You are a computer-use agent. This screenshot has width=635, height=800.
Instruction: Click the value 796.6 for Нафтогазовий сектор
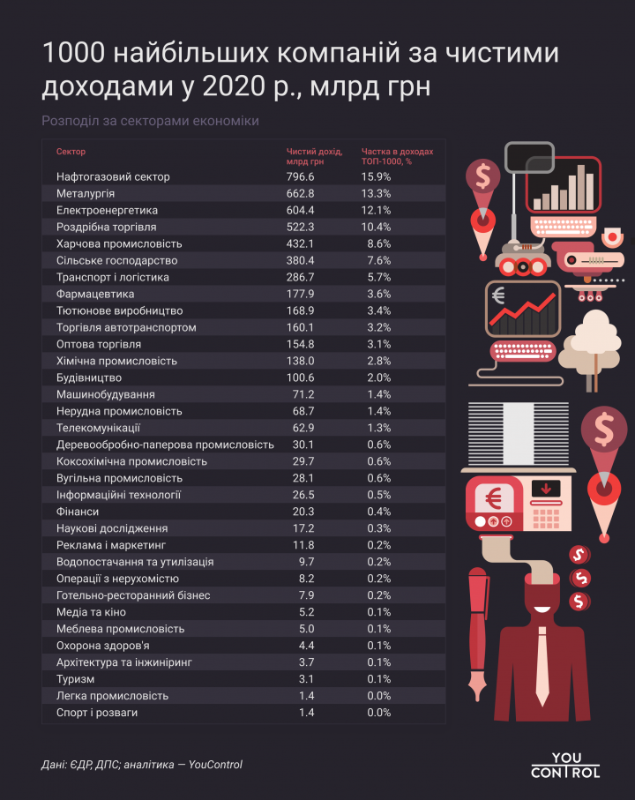[x=300, y=176]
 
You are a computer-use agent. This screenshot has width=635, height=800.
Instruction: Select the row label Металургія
[x=86, y=193]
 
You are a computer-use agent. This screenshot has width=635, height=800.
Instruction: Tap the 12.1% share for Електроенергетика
[x=376, y=210]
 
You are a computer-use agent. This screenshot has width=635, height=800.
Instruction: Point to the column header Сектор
[x=71, y=152]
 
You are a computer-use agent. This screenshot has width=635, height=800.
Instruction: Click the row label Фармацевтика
[x=94, y=294]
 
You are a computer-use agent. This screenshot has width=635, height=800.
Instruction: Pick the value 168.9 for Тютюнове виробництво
[x=300, y=310]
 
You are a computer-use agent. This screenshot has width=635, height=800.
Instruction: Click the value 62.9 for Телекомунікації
[x=303, y=428]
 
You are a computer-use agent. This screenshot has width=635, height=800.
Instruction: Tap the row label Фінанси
[x=78, y=512]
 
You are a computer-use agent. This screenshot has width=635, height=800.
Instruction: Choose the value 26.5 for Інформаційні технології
[x=303, y=495]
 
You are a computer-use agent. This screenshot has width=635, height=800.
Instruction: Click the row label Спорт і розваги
[x=97, y=713]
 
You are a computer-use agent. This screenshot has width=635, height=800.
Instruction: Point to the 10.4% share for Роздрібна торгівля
[x=376, y=227]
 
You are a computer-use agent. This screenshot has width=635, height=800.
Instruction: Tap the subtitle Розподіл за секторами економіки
[x=150, y=121]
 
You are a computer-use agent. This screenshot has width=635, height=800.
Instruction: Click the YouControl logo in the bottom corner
[x=565, y=765]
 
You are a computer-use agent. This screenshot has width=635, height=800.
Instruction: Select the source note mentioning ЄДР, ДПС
[x=141, y=765]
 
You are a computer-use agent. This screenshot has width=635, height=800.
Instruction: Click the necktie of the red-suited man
[x=545, y=654]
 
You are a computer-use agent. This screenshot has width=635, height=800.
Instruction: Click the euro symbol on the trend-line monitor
[x=498, y=295]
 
